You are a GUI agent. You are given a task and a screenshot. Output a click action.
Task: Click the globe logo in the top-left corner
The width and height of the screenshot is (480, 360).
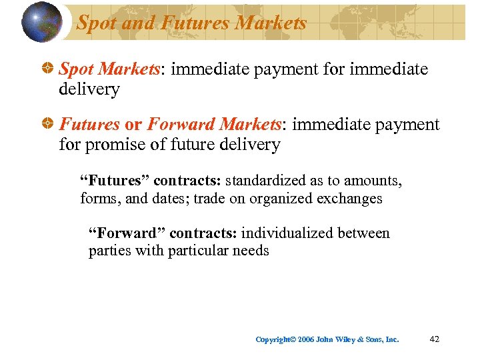click(41, 22)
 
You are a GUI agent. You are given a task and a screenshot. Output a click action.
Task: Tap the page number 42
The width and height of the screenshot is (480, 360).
click(435, 339)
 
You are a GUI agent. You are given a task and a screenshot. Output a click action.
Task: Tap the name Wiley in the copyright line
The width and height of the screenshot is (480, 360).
click(342, 340)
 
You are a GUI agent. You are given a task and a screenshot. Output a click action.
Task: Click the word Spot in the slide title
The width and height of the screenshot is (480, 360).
click(96, 23)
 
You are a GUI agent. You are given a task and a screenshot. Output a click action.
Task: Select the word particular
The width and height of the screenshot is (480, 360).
click(198, 251)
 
